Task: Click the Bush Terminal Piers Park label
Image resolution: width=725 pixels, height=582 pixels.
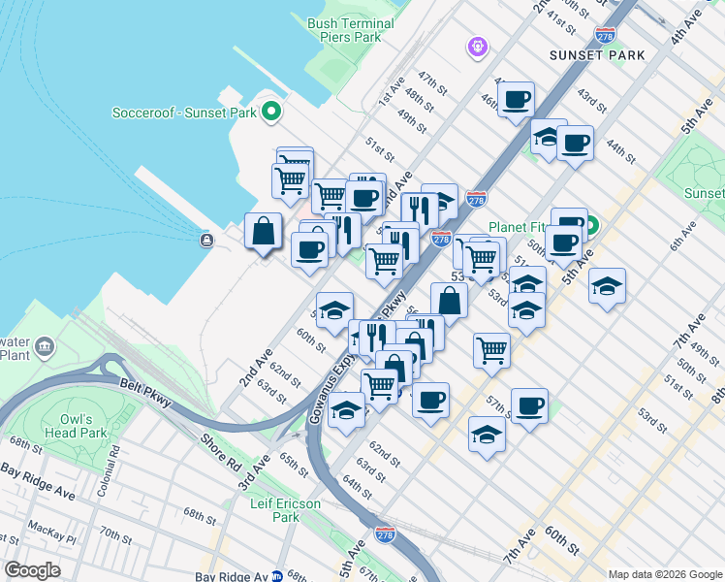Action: pos(343,29)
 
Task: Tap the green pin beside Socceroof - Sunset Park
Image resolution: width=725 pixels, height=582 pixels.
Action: pos(271,113)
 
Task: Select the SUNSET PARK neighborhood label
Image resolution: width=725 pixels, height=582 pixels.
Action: pos(596,55)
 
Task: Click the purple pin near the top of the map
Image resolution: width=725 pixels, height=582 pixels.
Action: pos(476,45)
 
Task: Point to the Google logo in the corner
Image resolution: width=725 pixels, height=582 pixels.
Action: pos(32,569)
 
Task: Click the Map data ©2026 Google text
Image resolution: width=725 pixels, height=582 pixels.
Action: pos(664,574)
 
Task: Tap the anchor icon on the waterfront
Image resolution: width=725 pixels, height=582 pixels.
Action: pos(205,240)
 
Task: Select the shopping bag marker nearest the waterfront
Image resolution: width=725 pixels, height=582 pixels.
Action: pos(264,232)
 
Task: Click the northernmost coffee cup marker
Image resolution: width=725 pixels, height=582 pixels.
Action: pos(517,99)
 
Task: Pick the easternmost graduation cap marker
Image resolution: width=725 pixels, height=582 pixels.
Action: pos(607,287)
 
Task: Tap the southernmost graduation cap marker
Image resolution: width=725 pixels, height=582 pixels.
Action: pos(487,436)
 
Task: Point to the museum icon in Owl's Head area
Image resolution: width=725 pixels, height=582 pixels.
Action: pos(45,346)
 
